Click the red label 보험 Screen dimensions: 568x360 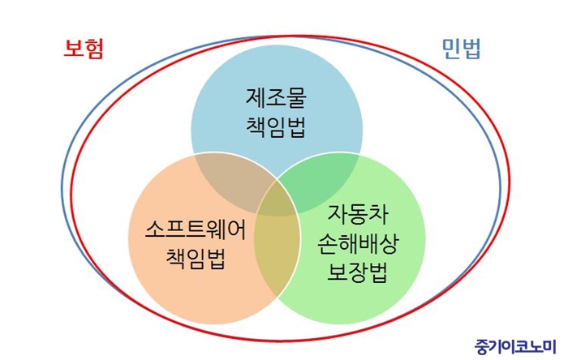pos(84,49)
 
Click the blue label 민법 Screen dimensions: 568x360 pos(461,49)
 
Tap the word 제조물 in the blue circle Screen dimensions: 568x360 pos(276,97)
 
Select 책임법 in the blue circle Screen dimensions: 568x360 pos(276,127)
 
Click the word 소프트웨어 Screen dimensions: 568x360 pos(196,229)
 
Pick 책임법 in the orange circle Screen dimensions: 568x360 pos(196,259)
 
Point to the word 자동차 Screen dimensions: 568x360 pos(358,214)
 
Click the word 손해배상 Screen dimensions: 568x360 pos(358,243)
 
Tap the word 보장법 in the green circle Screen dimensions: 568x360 pos(358,272)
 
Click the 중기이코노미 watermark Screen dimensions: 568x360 pos(515,346)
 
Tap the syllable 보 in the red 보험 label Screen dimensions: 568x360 pos(73,49)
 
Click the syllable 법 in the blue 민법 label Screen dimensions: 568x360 pos(471,49)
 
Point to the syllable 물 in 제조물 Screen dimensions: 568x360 pos(297,97)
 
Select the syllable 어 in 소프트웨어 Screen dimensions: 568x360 pos(237,229)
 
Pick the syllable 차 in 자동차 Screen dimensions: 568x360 pos(379,214)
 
